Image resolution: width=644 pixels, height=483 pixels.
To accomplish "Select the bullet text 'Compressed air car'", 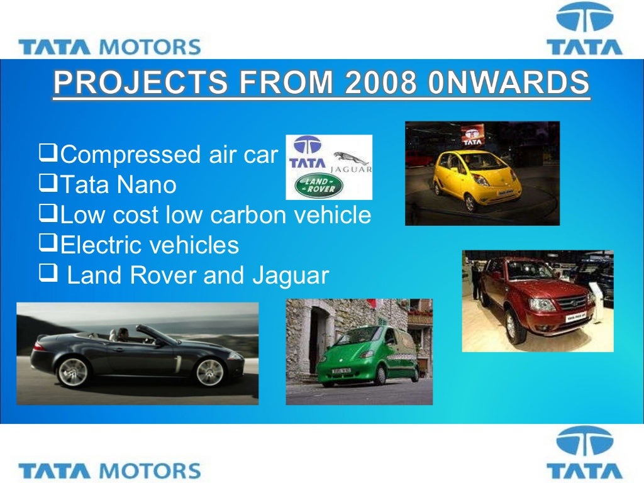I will point(169,154).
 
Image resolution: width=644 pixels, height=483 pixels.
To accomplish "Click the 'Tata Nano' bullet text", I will point(118,185).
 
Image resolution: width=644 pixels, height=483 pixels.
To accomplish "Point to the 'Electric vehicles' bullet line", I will point(149,245).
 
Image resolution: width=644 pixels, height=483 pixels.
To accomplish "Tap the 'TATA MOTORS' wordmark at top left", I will point(110,47).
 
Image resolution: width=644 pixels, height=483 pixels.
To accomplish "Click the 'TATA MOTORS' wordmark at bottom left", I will point(110,470).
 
